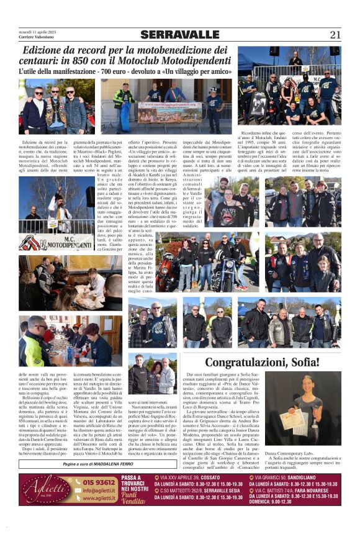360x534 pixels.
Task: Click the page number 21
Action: click(335, 34)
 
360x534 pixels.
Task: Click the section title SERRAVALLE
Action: click(180, 35)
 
